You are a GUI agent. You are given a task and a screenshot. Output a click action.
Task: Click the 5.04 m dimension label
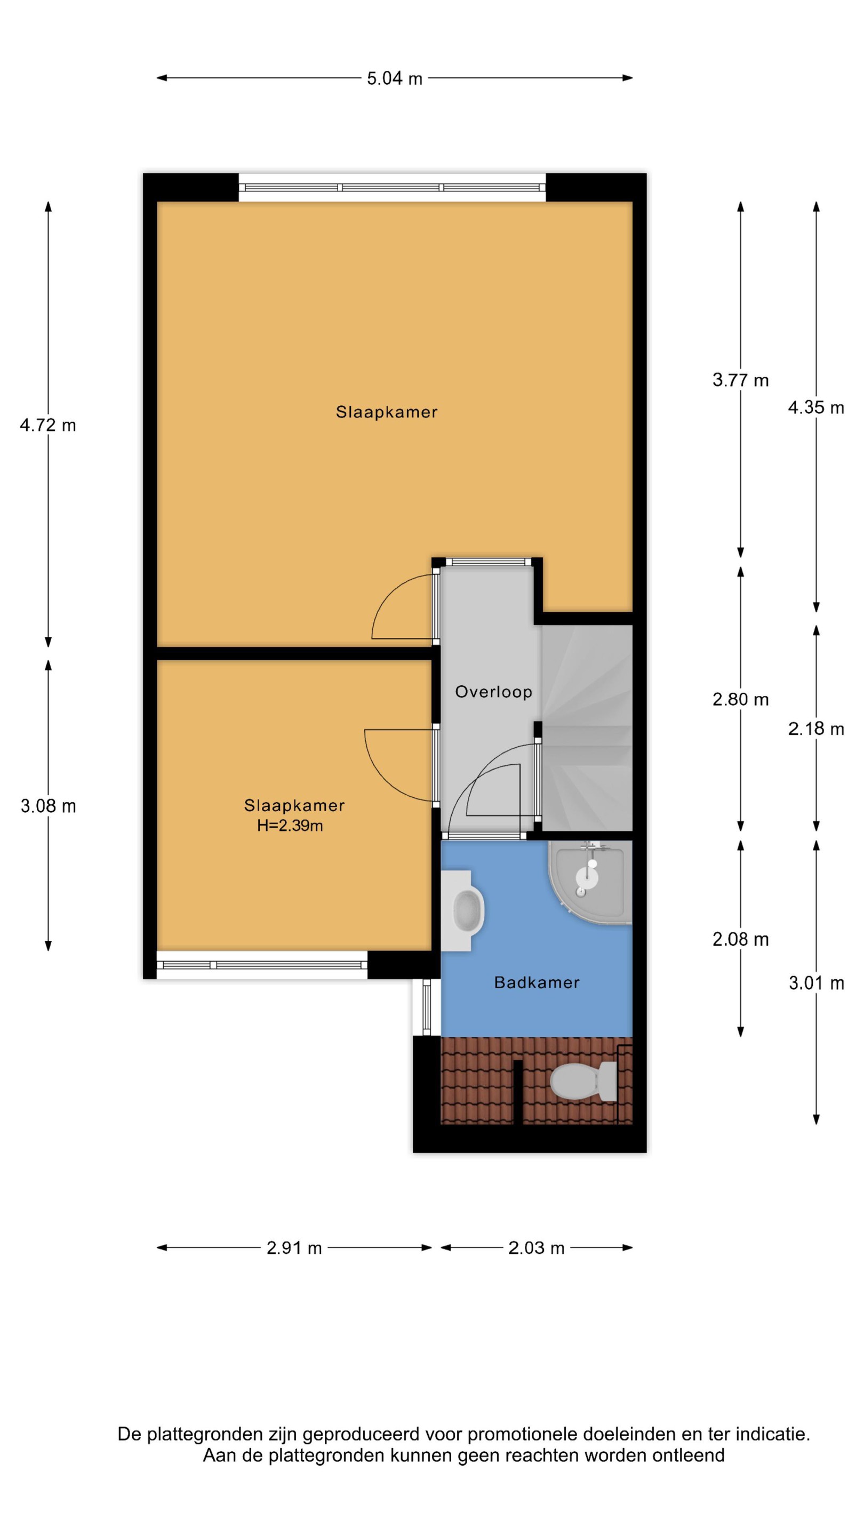click(x=394, y=78)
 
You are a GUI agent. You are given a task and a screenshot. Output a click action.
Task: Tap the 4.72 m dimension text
click(x=47, y=425)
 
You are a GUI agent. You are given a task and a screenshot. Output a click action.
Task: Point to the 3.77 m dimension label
click(x=741, y=380)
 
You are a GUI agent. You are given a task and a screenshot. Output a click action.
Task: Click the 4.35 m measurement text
click(x=815, y=408)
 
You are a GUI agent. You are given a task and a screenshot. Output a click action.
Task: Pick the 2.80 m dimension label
click(x=741, y=699)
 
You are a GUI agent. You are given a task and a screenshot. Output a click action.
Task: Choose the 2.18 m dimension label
click(x=815, y=729)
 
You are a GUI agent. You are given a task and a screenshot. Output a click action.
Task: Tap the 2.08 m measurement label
click(x=741, y=940)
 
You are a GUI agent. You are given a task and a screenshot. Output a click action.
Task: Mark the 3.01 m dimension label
click(x=815, y=982)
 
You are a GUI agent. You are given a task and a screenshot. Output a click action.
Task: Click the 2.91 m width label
click(x=294, y=1248)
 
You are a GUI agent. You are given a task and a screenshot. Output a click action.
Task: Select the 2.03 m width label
click(x=536, y=1248)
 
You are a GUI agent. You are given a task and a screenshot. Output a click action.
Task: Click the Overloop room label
click(x=494, y=692)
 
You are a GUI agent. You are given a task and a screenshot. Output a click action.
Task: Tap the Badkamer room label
click(x=537, y=982)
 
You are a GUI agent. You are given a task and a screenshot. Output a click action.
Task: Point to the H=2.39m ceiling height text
click(x=290, y=826)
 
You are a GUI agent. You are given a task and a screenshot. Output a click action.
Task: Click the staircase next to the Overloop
click(x=587, y=727)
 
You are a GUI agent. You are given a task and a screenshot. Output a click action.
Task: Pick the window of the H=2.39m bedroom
click(x=262, y=965)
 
